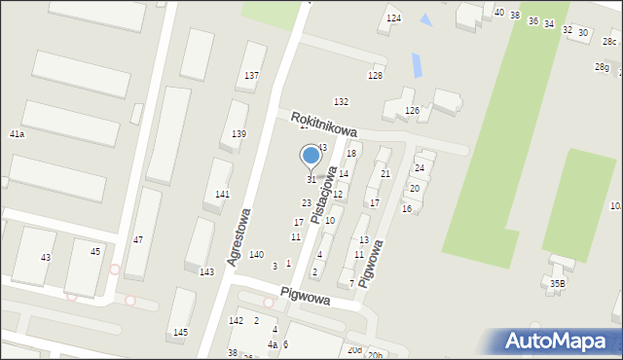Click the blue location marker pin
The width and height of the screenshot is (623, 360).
coord(311,157)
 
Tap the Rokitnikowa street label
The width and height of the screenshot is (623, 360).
coord(324,123)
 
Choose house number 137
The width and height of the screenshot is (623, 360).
coord(251,76)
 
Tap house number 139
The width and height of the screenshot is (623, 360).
coord(238,134)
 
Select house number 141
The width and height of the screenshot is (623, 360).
coord(222,195)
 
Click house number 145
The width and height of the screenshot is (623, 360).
coord(180,333)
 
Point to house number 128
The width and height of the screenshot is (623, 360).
coord(375,76)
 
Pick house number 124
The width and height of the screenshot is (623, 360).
coord(393,19)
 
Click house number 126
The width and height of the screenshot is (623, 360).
coord(412,111)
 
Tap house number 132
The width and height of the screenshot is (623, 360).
coord(341,102)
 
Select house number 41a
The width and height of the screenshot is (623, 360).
coord(17,133)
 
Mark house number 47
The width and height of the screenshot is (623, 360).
coord(138,239)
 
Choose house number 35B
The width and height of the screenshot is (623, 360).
coord(556,284)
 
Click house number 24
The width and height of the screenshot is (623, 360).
coord(420,168)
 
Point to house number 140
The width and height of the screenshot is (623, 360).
coord(256,255)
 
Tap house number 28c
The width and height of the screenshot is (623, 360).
coord(609,41)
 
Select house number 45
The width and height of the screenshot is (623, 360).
coord(95,252)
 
